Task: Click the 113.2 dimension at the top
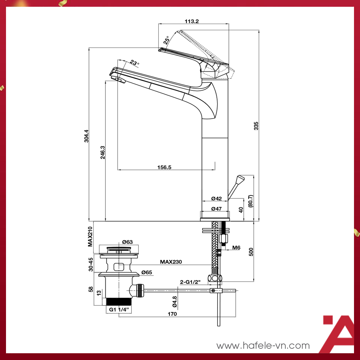click(x=192, y=21)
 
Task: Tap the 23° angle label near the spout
click(x=135, y=63)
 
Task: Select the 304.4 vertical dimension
click(x=86, y=136)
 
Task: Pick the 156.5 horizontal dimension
click(x=165, y=168)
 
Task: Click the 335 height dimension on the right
click(x=256, y=126)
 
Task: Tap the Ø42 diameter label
click(x=217, y=198)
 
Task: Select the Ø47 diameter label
click(x=217, y=208)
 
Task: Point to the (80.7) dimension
click(x=251, y=201)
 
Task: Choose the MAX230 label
click(x=171, y=262)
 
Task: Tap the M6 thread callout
click(x=236, y=247)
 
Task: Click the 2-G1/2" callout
click(x=190, y=282)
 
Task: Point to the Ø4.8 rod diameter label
click(x=175, y=301)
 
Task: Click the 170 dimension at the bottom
click(x=172, y=314)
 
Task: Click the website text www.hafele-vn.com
click(x=263, y=345)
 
